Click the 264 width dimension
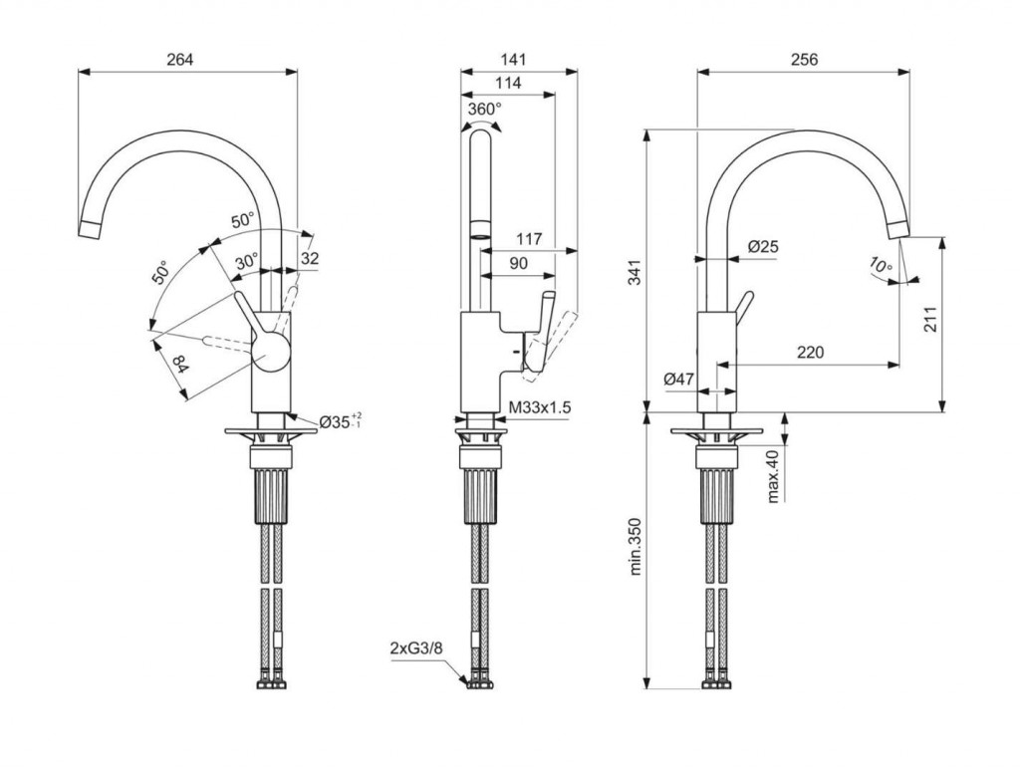pos(179,60)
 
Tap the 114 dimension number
pos(508,84)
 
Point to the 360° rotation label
pos(484,108)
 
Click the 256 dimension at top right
pos(804,60)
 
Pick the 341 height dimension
pos(635,271)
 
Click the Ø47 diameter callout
pos(678,379)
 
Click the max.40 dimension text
pos(772,475)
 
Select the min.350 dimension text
pos(635,547)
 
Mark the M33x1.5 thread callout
pos(540,408)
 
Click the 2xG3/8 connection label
pos(416,648)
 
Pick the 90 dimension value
pos(518,263)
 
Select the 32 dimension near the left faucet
pos(310,258)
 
